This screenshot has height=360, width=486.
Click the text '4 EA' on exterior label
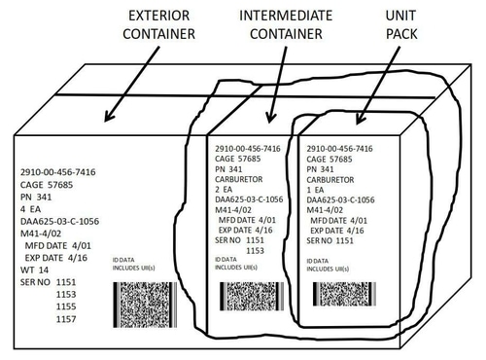34,208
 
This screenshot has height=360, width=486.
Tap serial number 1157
67,319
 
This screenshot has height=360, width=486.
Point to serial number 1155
67,306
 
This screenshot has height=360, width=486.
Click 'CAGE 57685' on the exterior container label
47,182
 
